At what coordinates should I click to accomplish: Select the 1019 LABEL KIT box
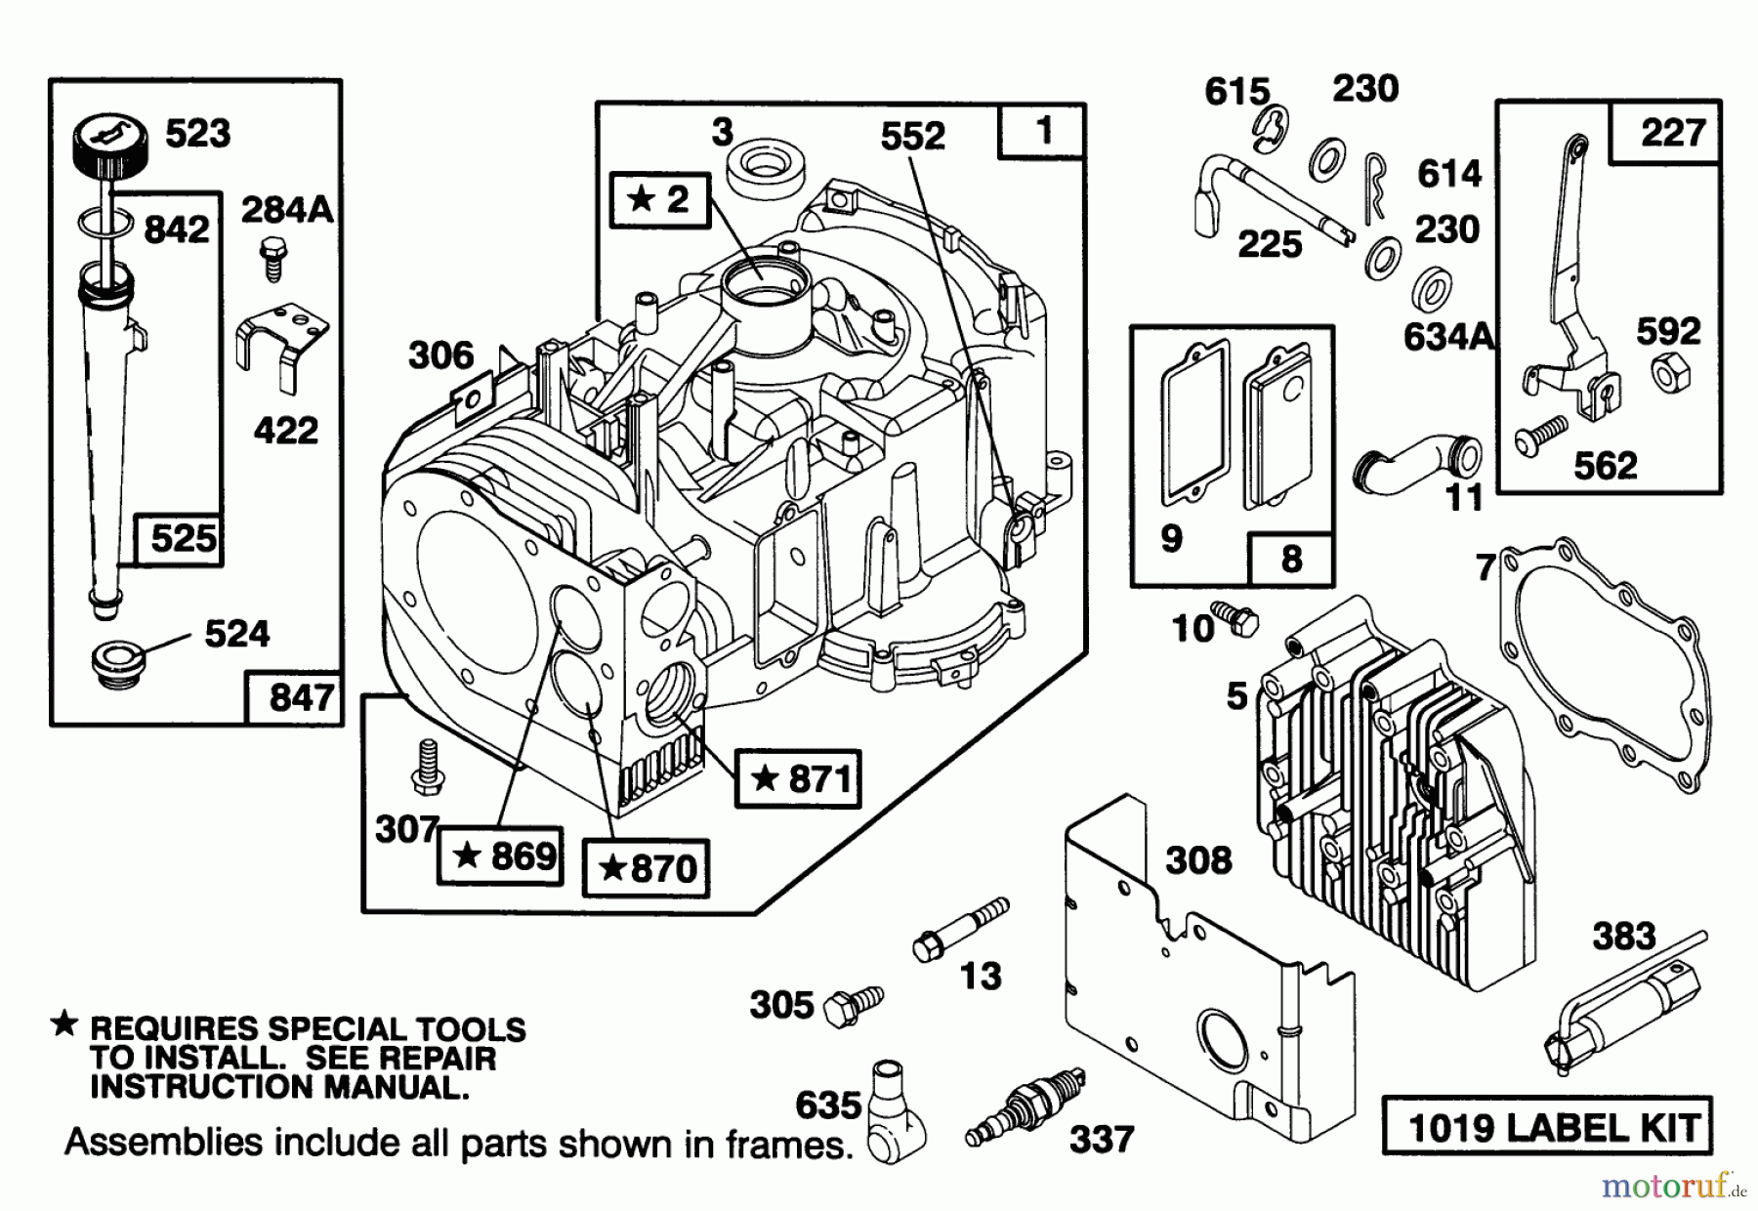[x=1548, y=1125]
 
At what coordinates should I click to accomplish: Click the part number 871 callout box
[x=798, y=778]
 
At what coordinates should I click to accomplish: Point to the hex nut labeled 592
[x=1671, y=372]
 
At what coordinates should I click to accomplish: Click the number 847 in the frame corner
[x=302, y=697]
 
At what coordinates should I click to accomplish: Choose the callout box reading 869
[x=500, y=856]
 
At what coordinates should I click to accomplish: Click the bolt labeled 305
[x=854, y=1006]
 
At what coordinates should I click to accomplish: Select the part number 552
[x=913, y=136]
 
